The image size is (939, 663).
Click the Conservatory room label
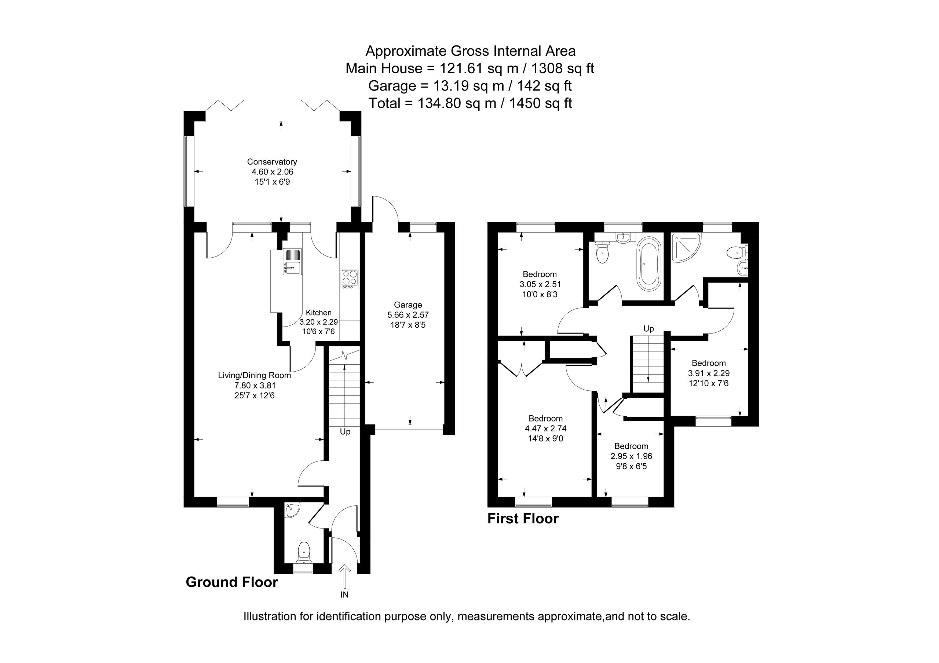tap(272, 162)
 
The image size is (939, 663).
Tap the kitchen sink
tap(292, 261)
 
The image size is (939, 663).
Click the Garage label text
tap(408, 305)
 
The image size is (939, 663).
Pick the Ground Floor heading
tap(232, 582)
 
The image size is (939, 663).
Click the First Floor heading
tap(523, 519)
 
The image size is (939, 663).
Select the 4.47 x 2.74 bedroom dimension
tap(545, 428)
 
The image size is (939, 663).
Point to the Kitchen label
tap(319, 313)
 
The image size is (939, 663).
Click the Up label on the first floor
tap(648, 329)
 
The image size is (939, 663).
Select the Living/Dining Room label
tap(255, 375)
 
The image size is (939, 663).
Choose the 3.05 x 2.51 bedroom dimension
tap(540, 284)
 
